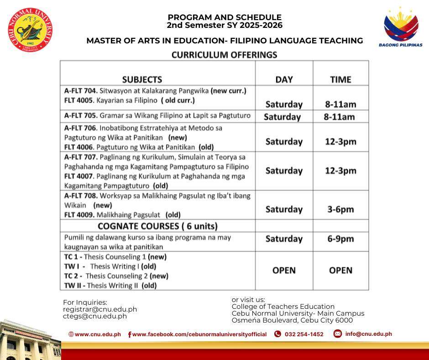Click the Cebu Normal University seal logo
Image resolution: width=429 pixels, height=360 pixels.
tap(31, 31)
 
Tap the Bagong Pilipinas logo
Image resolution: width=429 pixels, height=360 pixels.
tap(401, 26)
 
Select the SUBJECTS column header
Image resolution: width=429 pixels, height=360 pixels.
tap(142, 79)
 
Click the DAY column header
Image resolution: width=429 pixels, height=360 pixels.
tap(284, 79)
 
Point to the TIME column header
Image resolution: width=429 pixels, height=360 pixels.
tap(340, 79)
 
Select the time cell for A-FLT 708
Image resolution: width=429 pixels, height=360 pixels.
tap(340, 209)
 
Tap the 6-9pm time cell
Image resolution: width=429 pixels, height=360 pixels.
tap(340, 239)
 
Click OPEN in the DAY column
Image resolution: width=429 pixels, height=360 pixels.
tap(284, 270)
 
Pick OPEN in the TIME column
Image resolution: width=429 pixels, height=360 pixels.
tap(340, 270)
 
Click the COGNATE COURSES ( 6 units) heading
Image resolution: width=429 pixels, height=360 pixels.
tap(157, 226)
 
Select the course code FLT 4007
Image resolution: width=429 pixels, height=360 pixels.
tap(78, 176)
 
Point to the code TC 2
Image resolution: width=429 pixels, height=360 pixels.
tap(73, 276)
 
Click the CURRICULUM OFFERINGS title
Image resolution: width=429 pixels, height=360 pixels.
tap(224, 55)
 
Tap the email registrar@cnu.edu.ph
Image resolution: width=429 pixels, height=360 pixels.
tap(100, 309)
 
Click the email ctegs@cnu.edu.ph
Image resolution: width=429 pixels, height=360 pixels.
tap(95, 316)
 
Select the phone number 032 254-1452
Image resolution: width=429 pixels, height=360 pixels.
tap(304, 334)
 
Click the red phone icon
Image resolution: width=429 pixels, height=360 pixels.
tap(277, 334)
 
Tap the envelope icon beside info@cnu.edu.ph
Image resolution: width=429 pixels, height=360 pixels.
tap(338, 334)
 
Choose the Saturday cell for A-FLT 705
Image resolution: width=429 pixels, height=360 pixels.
tap(282, 117)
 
